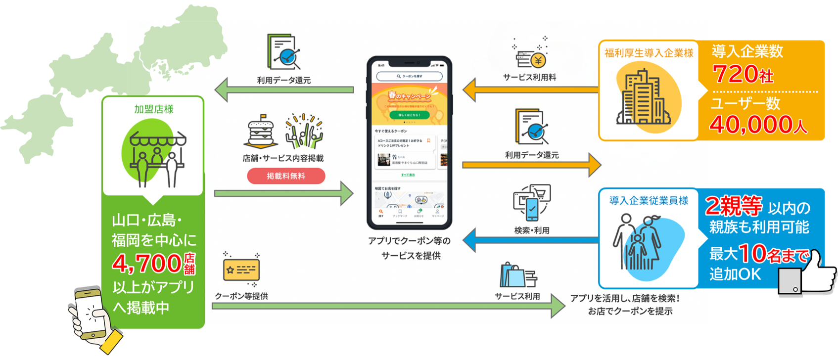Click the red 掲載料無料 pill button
[x=286, y=176]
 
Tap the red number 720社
[x=743, y=75]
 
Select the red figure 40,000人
[x=758, y=125]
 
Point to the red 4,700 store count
[x=147, y=264]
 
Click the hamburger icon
[x=260, y=132]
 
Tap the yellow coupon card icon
[x=241, y=270]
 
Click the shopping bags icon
[x=517, y=275]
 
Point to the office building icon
[x=642, y=97]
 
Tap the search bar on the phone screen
[x=409, y=76]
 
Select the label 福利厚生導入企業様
[x=649, y=53]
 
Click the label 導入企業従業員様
[x=649, y=200]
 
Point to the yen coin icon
[x=538, y=60]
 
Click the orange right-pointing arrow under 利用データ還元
[x=532, y=165]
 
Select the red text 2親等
[x=733, y=206]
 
